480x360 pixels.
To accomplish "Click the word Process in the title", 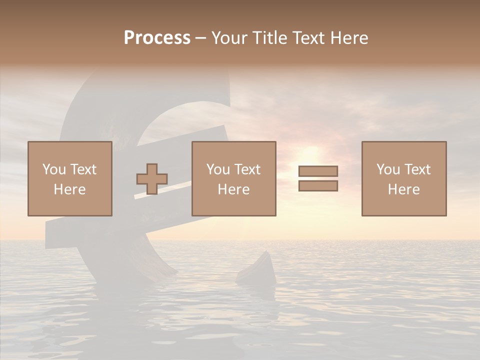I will pyautogui.click(x=157, y=38).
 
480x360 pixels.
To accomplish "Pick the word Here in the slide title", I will pyautogui.click(x=350, y=38).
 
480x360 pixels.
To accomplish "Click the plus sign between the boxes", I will pyautogui.click(x=152, y=179).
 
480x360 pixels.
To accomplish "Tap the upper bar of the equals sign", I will pyautogui.click(x=318, y=171).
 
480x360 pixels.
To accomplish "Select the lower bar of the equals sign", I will pyautogui.click(x=318, y=186).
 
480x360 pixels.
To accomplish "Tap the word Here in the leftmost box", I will pyautogui.click(x=70, y=189).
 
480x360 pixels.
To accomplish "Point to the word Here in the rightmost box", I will pyautogui.click(x=404, y=189).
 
